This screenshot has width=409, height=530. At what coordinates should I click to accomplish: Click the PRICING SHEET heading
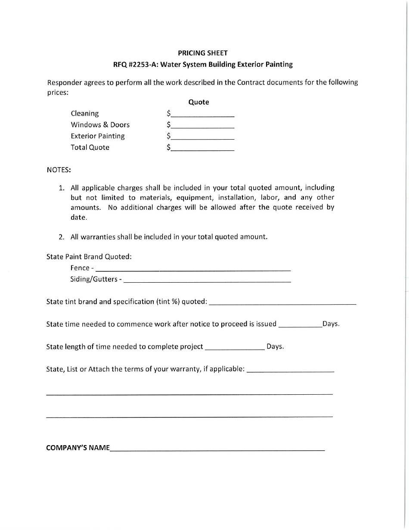pyautogui.click(x=203, y=53)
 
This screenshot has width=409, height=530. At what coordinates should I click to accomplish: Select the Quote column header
pyautogui.click(x=198, y=102)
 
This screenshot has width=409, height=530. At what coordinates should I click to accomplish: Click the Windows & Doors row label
pyautogui.click(x=100, y=125)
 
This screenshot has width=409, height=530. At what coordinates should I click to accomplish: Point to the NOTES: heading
pyautogui.click(x=59, y=170)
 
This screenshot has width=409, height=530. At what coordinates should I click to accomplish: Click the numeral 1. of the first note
pyautogui.click(x=62, y=188)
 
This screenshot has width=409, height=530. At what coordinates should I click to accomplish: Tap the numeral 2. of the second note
pyautogui.click(x=62, y=237)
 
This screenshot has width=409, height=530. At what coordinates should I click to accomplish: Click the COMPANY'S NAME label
pyautogui.click(x=77, y=448)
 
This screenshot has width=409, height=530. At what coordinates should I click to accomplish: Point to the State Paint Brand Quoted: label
pyautogui.click(x=89, y=257)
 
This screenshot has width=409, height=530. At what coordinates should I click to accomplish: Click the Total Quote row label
pyautogui.click(x=90, y=147)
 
